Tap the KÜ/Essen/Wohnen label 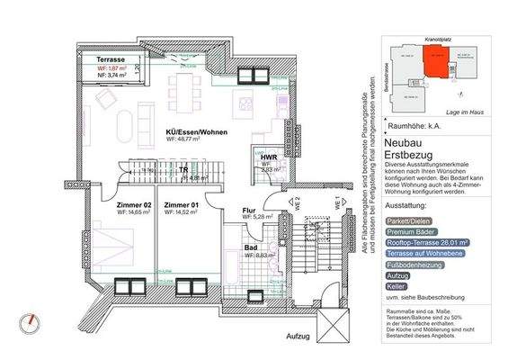197,132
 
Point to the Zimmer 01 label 180,206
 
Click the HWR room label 269,157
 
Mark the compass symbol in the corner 33,321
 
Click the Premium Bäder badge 409,230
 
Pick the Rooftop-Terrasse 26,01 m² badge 429,242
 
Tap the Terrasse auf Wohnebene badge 425,254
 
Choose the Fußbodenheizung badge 414,265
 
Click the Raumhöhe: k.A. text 414,127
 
